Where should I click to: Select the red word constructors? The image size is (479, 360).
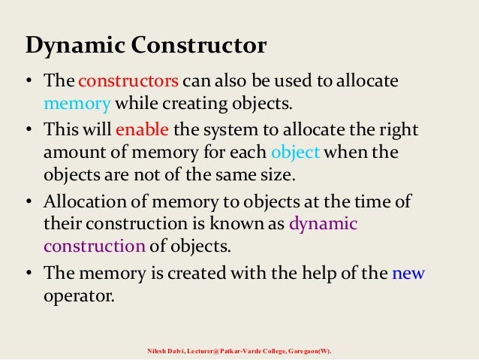[128, 81]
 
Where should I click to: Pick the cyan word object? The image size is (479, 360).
[296, 153]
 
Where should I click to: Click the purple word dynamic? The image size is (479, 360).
[323, 224]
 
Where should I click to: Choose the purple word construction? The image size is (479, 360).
[95, 246]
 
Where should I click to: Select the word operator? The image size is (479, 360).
[79, 295]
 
